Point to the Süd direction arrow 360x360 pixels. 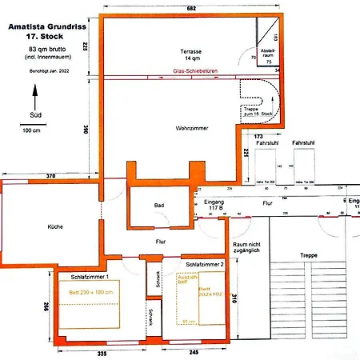point(34,99)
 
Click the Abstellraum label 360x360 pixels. point(269,58)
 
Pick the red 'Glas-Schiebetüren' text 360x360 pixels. point(196,78)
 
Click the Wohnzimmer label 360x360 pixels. point(186,128)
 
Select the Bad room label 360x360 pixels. point(160,206)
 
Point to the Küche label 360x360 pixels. point(55,226)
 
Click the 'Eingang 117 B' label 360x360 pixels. point(214,206)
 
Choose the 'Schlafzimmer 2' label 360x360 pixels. point(203,264)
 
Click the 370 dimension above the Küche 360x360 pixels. point(50,175)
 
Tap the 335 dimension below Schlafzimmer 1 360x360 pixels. point(102,351)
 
